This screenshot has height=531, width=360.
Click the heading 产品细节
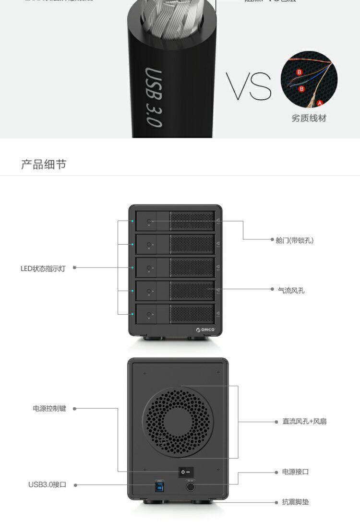(x=43, y=165)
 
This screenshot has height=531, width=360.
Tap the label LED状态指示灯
(x=43, y=269)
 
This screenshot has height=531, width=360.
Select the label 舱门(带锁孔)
(x=294, y=240)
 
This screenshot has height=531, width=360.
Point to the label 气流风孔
(x=291, y=290)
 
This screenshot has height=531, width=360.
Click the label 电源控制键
(x=49, y=409)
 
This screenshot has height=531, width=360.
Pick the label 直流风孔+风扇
(x=304, y=422)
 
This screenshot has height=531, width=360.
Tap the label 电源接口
(x=295, y=472)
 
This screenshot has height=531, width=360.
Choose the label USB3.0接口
(x=47, y=484)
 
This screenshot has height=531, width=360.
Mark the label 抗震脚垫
(x=295, y=502)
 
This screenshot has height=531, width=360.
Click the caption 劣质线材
(x=309, y=118)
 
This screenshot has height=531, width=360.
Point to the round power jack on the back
(x=191, y=487)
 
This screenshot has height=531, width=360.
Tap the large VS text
(x=249, y=86)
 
